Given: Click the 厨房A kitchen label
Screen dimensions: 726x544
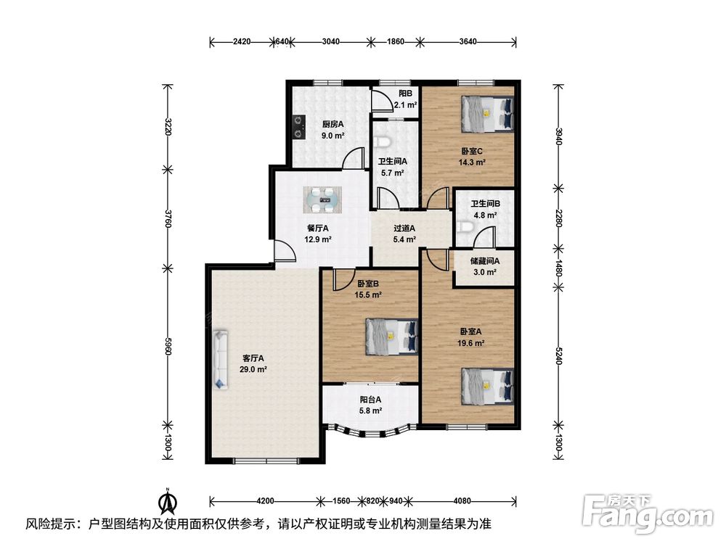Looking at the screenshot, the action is pos(333,124).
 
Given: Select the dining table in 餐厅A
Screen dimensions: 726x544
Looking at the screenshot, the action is pos(323,200).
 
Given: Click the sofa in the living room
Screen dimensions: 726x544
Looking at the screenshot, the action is pos(221,359).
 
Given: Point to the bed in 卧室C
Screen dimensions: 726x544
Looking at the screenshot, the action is pos(488,114).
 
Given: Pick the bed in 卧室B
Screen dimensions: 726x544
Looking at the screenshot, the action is pos(392,337).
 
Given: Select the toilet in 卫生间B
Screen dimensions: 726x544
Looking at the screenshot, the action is pos(464,226).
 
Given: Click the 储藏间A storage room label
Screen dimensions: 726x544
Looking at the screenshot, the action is pos(485,261).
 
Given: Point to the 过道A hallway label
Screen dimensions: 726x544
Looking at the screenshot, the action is pos(404,228).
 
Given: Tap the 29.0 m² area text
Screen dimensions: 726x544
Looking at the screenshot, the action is pos(253,370).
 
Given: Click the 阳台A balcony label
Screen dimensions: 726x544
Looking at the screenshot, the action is pos(370,399).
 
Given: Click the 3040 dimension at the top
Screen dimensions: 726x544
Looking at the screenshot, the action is pos(330,41).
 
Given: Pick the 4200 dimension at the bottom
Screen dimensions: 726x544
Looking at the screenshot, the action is pos(265,500).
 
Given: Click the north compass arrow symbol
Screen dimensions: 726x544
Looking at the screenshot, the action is pos(167,500).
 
